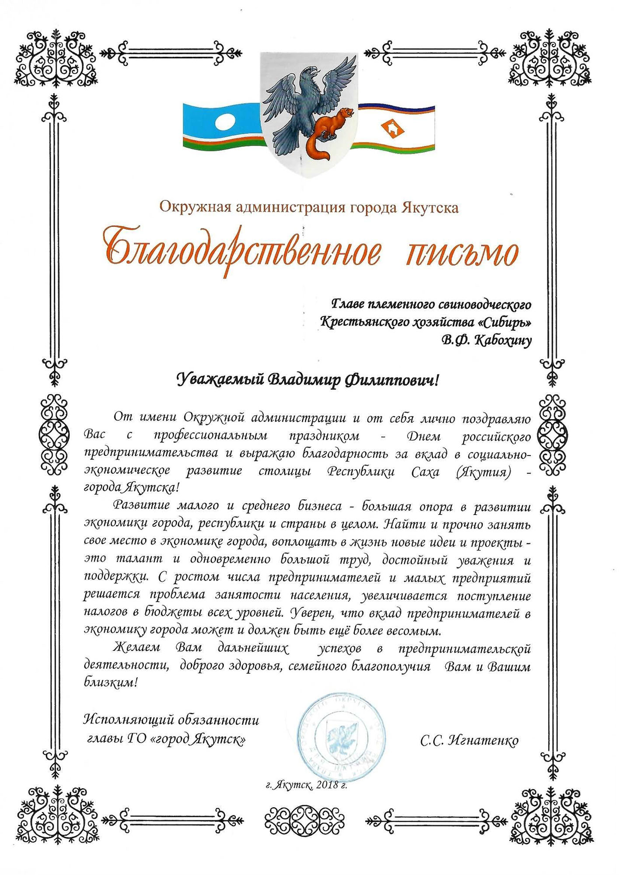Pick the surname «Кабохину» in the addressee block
[503, 341]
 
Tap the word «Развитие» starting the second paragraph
[141, 506]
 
